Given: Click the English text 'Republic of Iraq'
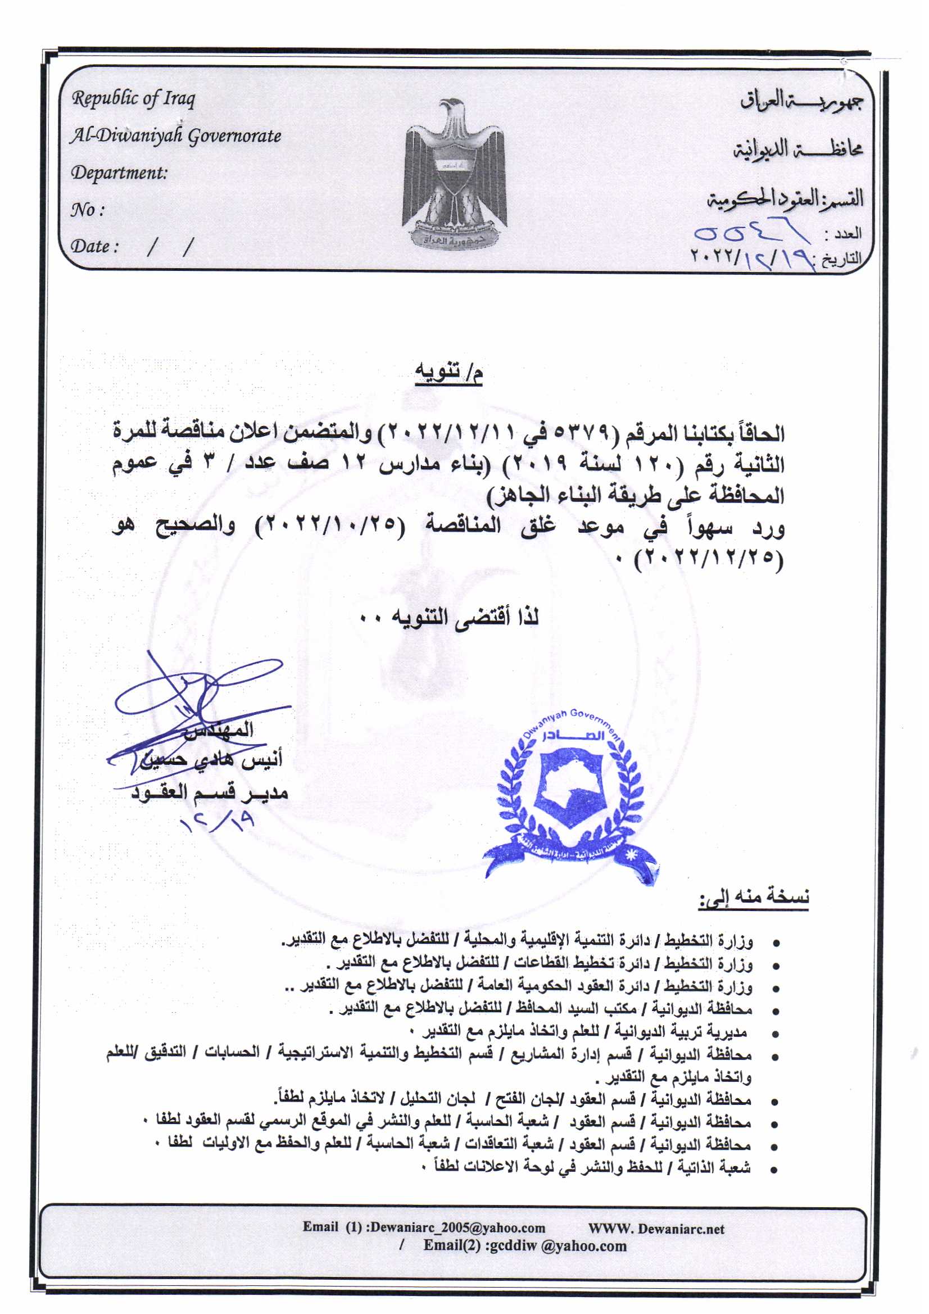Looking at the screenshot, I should point(133,99).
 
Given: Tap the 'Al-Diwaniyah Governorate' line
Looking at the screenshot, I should point(176,136).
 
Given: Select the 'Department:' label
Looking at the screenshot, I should point(119,173).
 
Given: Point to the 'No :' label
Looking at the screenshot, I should point(88,210).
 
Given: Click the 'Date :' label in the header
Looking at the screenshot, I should point(95,247).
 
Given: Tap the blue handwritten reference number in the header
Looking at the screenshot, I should point(750,235).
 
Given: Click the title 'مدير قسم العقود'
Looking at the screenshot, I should point(210,792).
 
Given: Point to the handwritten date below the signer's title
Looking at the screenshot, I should point(217,823).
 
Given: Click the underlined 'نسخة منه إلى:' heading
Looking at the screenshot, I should point(753,898).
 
